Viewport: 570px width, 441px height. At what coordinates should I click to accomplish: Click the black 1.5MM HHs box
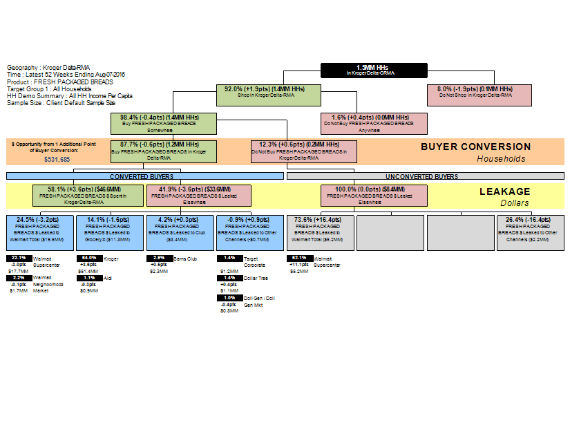(374, 70)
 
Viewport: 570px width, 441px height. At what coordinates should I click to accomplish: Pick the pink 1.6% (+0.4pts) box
(374, 123)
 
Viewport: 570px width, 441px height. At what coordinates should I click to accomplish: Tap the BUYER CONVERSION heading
(476, 147)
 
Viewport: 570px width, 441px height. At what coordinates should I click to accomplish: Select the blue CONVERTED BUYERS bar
(145, 176)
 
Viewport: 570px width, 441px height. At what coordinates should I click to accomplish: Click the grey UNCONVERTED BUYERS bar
(426, 176)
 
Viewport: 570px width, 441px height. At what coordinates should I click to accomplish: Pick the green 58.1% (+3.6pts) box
(88, 196)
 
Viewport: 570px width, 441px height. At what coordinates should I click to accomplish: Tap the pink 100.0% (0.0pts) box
(374, 196)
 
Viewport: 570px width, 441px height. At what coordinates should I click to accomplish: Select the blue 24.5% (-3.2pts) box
(40, 232)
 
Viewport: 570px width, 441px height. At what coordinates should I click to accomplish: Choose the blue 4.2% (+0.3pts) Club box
(180, 232)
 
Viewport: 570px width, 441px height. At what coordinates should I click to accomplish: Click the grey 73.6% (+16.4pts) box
(320, 232)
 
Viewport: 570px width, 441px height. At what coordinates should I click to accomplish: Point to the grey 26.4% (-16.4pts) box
(530, 232)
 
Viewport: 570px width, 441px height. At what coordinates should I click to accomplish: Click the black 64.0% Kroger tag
(88, 258)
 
